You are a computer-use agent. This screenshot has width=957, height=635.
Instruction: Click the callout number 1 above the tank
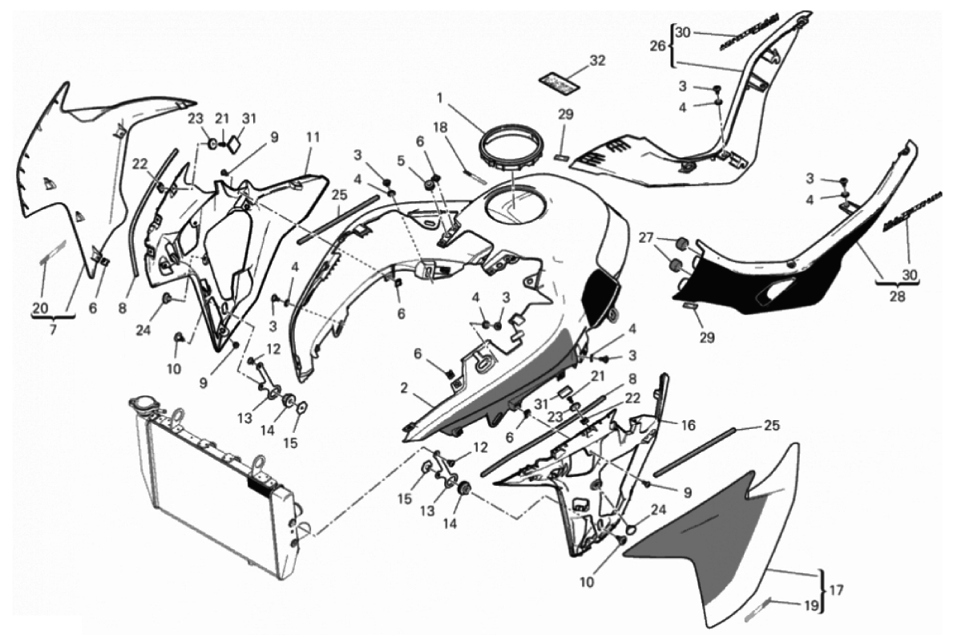point(439,98)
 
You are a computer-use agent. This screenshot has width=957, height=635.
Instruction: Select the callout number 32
point(597,60)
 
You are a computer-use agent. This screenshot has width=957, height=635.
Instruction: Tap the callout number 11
point(312,137)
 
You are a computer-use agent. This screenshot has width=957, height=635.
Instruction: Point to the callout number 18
point(440,127)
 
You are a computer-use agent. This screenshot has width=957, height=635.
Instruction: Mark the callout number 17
point(836,593)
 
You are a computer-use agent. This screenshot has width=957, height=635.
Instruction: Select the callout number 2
point(406,387)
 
